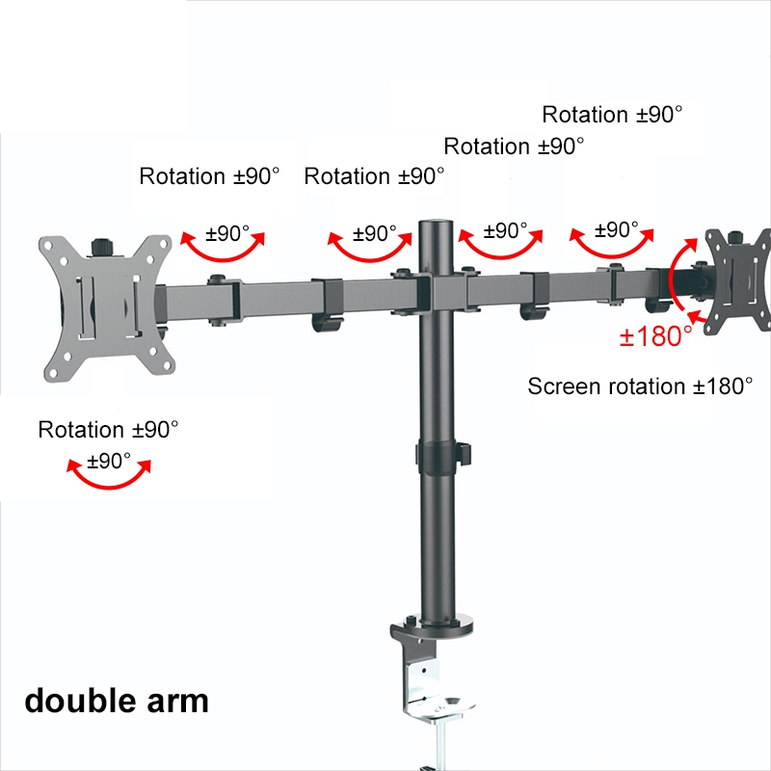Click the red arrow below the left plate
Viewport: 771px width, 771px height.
[108, 475]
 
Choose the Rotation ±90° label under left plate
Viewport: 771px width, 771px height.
[108, 430]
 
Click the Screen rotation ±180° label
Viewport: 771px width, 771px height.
[640, 386]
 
